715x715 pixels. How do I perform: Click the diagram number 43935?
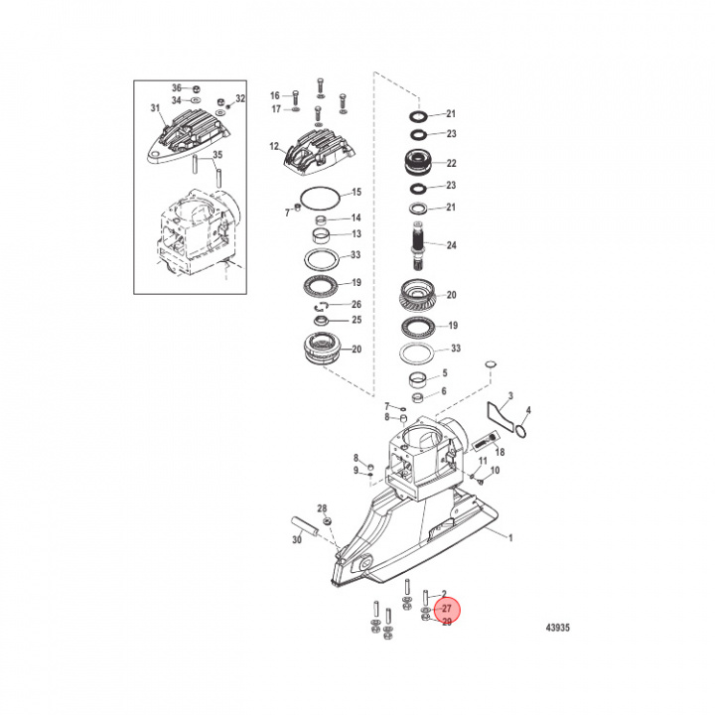click(556, 628)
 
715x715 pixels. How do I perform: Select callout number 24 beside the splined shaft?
click(451, 245)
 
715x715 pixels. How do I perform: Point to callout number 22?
click(451, 164)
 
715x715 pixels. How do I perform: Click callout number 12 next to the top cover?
click(275, 147)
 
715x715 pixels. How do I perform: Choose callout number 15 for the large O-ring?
click(357, 192)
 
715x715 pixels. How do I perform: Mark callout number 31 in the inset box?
click(155, 107)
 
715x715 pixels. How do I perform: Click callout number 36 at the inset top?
click(176, 87)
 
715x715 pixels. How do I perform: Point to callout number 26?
click(357, 304)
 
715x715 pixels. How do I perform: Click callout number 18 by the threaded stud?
click(500, 451)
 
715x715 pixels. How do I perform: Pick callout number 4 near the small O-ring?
click(528, 410)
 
